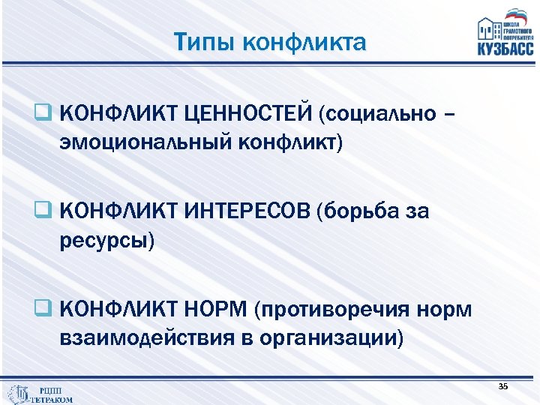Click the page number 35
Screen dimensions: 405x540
point(502,385)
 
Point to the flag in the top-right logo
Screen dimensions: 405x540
point(516,14)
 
